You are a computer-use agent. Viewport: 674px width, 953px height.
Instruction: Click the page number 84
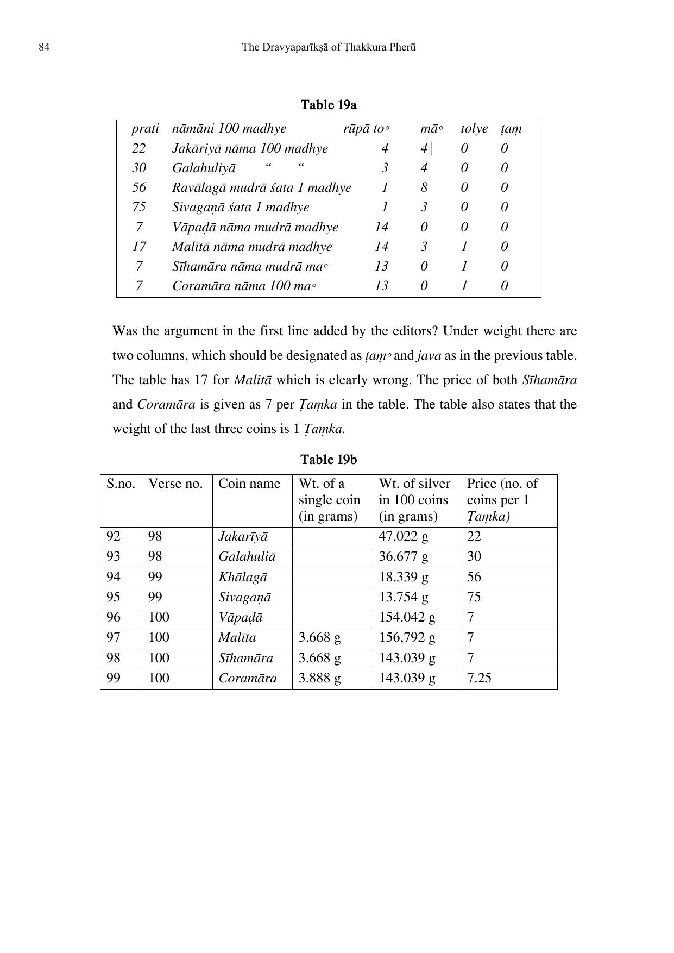pyautogui.click(x=45, y=47)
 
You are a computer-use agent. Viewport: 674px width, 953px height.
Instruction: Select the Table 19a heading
pyautogui.click(x=329, y=104)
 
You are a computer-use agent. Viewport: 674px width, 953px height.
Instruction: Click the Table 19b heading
pyautogui.click(x=329, y=460)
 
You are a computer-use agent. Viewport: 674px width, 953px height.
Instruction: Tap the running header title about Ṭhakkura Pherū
pyautogui.click(x=329, y=47)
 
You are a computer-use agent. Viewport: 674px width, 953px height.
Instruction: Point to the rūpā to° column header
pyautogui.click(x=366, y=129)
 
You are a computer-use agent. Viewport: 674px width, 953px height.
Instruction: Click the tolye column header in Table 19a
pyautogui.click(x=474, y=129)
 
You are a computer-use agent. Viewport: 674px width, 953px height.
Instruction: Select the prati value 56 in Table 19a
pyautogui.click(x=139, y=187)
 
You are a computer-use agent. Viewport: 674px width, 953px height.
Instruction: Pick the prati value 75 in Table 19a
pyautogui.click(x=139, y=207)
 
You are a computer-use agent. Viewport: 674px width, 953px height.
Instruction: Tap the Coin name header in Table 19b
pyautogui.click(x=249, y=484)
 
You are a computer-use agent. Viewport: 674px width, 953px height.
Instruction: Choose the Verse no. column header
pyautogui.click(x=175, y=484)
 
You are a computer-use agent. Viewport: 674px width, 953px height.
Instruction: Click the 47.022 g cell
pyautogui.click(x=404, y=537)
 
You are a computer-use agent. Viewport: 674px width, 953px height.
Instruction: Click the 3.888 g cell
pyautogui.click(x=320, y=678)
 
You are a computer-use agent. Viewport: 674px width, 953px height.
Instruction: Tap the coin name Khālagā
pyautogui.click(x=243, y=577)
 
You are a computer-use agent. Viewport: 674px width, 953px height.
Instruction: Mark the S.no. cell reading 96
pyautogui.click(x=114, y=617)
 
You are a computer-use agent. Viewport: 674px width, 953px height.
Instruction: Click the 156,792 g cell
pyautogui.click(x=407, y=637)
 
